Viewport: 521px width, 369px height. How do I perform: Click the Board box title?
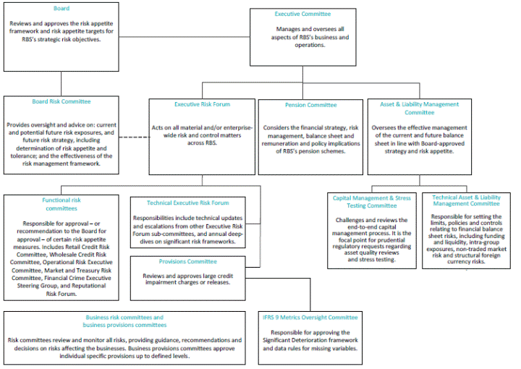click(61, 9)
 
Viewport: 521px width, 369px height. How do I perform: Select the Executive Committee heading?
click(302, 14)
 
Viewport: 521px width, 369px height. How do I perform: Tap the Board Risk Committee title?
click(61, 101)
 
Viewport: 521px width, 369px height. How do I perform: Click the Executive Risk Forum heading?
click(202, 104)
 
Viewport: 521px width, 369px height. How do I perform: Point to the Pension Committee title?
click(310, 105)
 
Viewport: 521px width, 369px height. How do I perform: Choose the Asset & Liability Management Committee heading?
click(419, 109)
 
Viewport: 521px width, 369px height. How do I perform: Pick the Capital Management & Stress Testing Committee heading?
click(372, 202)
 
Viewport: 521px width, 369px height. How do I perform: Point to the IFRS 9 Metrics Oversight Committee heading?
click(310, 317)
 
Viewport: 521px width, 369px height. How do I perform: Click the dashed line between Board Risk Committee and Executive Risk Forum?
click(134, 137)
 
